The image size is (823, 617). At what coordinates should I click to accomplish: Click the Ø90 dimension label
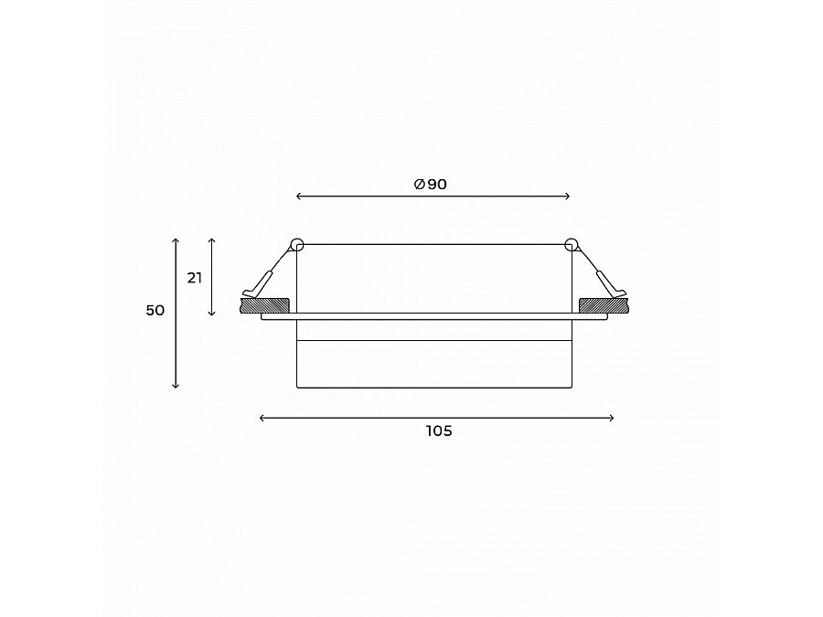tap(431, 185)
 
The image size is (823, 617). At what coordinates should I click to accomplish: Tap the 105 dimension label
tap(439, 431)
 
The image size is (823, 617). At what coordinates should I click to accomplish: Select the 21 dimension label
tap(195, 278)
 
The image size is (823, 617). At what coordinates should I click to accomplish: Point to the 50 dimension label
tap(155, 311)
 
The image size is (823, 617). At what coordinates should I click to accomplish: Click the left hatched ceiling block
tap(264, 303)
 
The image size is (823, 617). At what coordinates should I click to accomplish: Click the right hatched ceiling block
tap(604, 303)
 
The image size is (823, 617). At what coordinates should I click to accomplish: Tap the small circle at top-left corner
tap(296, 244)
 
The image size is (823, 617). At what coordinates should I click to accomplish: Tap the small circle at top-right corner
tap(572, 244)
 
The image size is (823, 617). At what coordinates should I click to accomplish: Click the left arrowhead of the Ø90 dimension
tap(300, 196)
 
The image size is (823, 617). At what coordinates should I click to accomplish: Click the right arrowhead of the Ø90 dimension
tap(568, 196)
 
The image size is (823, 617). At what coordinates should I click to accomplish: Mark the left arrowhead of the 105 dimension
tap(262, 418)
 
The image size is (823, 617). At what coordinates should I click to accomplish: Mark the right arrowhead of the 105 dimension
tap(612, 418)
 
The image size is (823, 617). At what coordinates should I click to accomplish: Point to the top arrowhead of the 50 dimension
tap(176, 239)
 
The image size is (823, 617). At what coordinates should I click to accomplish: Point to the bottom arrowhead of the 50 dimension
tap(176, 386)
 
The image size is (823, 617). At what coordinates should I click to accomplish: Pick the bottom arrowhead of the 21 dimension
tap(212, 314)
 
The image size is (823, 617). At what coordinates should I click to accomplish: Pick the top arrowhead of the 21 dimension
tap(212, 239)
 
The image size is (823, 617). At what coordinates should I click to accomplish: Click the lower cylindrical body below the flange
tap(434, 364)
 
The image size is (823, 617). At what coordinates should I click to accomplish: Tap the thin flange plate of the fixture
tap(434, 316)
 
